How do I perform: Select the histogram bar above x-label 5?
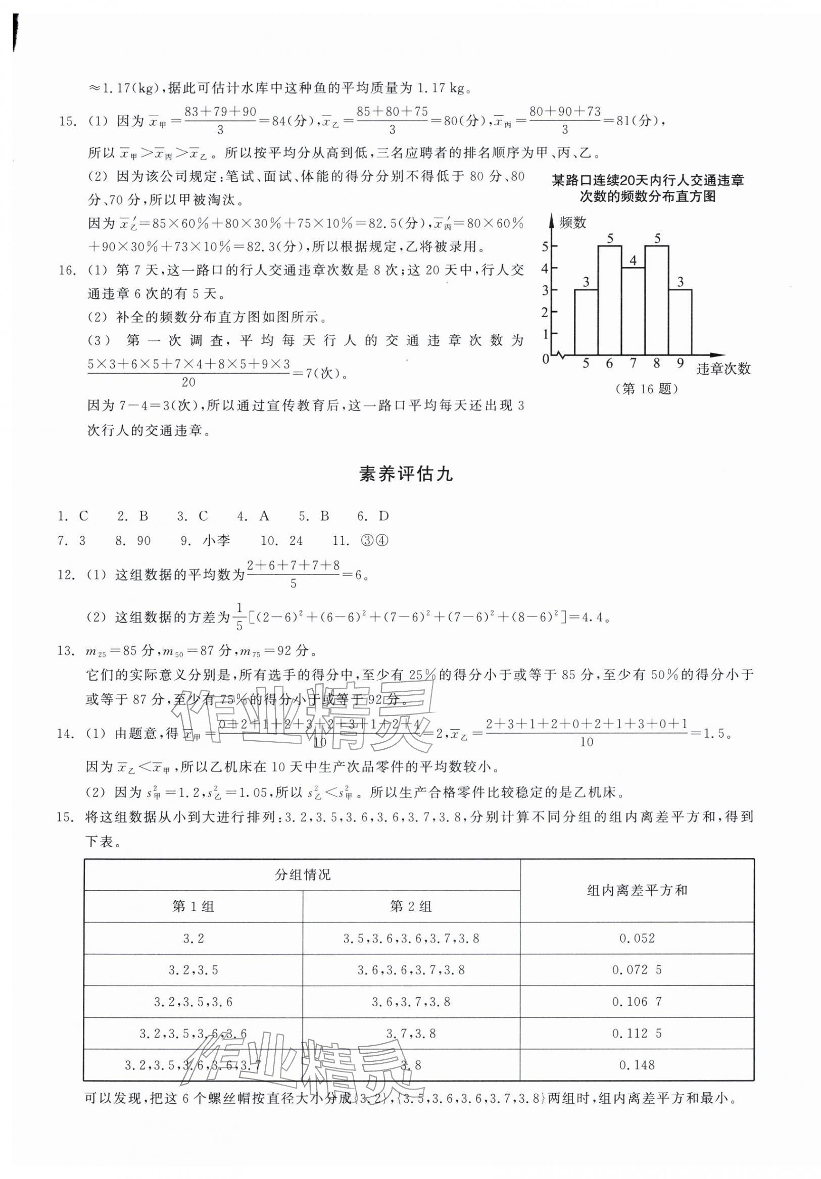(x=586, y=322)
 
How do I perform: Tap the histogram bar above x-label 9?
(x=680, y=322)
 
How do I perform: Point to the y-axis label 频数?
(x=572, y=222)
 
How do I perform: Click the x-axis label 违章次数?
(x=723, y=368)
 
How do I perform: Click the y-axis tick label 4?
(x=545, y=268)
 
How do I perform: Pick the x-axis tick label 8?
(x=657, y=364)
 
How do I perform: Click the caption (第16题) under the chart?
(x=646, y=389)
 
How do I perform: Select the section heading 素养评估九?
(x=405, y=474)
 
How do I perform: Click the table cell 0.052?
(x=637, y=939)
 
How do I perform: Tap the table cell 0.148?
(x=637, y=1065)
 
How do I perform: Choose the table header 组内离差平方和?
(x=637, y=891)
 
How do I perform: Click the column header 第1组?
(x=193, y=907)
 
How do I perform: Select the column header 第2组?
(x=411, y=907)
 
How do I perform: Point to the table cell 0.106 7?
(x=637, y=1002)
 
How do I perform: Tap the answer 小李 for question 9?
(x=216, y=540)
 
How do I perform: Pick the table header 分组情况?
(x=303, y=875)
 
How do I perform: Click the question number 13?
(x=66, y=651)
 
